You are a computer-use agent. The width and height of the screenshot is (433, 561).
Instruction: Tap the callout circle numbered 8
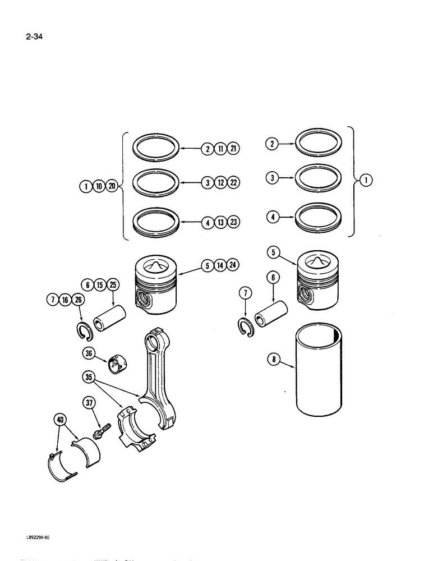click(x=273, y=361)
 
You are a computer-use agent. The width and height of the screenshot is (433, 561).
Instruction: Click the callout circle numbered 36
click(x=89, y=353)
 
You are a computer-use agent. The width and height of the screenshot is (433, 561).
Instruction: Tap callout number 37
click(x=89, y=403)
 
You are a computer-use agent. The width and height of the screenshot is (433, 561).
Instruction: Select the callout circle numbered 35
click(x=89, y=378)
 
